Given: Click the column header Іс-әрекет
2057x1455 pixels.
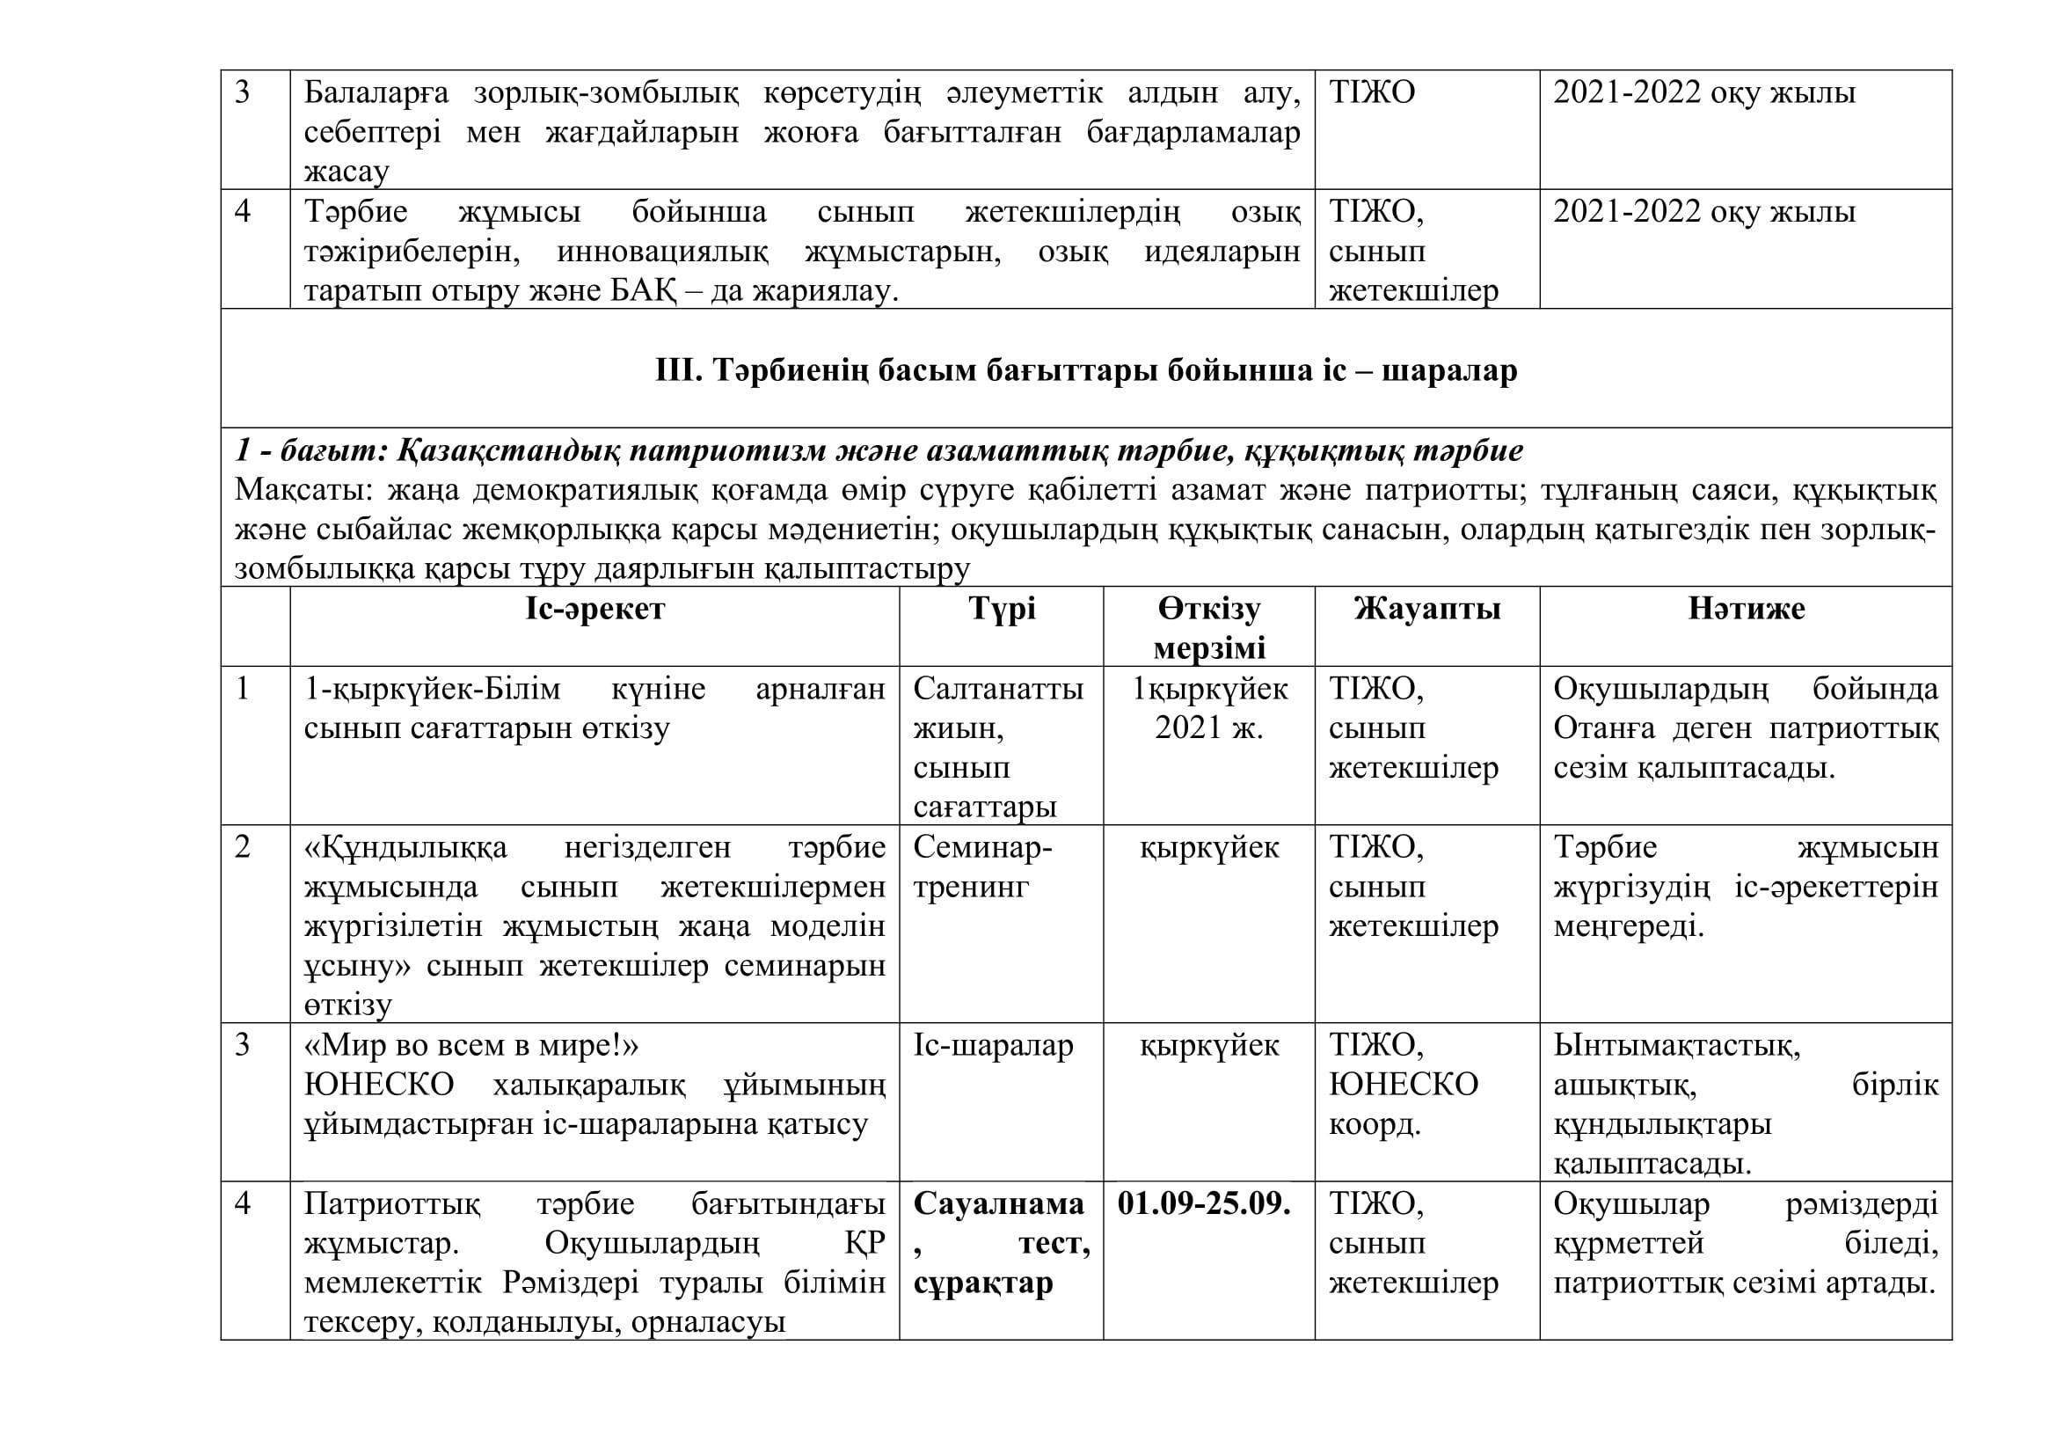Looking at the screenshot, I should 594,610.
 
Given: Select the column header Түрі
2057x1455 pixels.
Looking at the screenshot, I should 1002,610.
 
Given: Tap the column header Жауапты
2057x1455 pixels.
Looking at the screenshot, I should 1427,610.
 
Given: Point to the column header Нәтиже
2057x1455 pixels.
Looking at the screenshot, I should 1747,610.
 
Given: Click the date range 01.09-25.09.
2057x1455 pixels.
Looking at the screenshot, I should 1204,1204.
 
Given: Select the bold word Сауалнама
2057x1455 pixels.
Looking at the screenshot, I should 998,1204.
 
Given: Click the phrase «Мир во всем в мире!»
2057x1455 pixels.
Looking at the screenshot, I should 471,1046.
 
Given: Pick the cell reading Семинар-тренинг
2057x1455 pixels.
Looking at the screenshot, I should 983,867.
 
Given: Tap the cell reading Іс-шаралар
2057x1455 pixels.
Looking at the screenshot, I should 994,1046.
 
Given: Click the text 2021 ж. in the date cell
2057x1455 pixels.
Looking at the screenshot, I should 1208,727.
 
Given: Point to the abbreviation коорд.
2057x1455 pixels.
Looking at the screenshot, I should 1375,1124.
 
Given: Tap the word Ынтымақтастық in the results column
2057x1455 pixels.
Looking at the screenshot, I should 1676,1046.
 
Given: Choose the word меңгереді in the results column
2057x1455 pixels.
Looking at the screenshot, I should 1629,926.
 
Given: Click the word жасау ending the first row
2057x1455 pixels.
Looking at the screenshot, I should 346,172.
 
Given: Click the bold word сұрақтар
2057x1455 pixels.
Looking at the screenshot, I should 983,1283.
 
